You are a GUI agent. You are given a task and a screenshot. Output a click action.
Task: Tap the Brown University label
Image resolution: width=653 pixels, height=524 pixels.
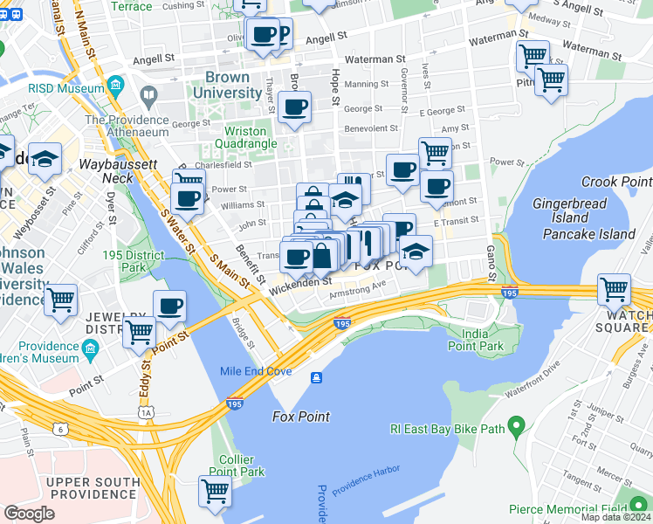(228, 85)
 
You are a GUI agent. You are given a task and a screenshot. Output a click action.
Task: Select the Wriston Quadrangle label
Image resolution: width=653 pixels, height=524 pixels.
(247, 137)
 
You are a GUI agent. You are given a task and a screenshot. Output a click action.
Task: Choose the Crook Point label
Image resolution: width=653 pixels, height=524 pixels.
(617, 182)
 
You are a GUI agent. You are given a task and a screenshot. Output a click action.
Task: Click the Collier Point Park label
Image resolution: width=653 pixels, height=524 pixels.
(242, 465)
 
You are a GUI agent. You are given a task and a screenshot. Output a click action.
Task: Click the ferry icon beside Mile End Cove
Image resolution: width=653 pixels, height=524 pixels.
(315, 376)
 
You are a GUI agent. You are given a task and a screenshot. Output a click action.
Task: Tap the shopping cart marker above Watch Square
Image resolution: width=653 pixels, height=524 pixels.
(615, 288)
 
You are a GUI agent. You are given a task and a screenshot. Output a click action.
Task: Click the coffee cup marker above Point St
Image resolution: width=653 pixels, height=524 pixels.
(169, 306)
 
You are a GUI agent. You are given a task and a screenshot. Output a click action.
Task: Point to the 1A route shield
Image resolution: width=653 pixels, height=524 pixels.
(146, 411)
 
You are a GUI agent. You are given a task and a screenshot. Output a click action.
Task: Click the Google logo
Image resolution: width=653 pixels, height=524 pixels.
(29, 513)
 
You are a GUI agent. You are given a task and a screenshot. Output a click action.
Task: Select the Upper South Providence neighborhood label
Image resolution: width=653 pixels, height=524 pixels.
(93, 489)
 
